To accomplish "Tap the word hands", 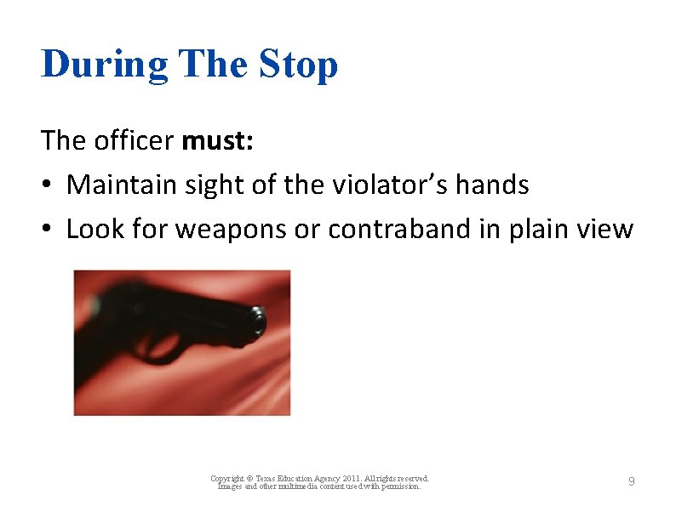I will point(494,185).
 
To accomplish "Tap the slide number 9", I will point(631,482).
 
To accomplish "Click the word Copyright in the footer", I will point(227,479).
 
